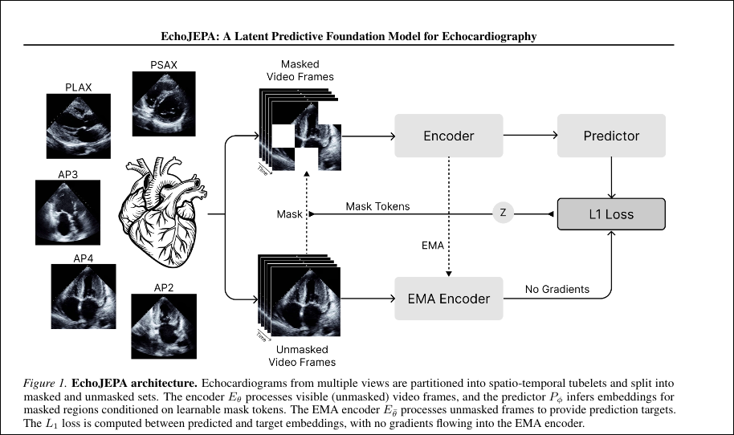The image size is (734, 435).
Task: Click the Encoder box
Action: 449,136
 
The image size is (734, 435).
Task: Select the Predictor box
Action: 611,136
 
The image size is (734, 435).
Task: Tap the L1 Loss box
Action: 611,214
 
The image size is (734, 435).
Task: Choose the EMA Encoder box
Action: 449,299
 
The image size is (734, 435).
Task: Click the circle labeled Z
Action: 504,213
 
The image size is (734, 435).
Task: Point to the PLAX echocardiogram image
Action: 79,126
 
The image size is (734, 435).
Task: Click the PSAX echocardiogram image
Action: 164,104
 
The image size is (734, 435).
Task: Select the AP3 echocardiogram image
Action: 68,213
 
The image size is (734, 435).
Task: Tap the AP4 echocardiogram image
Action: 84,296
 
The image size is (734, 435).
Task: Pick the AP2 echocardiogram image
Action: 164,326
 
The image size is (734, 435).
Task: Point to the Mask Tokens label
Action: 377,206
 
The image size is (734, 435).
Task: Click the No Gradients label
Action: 557,289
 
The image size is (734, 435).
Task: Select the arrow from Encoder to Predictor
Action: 530,135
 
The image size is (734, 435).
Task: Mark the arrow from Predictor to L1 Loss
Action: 611,177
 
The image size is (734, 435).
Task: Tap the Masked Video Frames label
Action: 300,71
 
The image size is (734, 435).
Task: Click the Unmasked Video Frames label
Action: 302,356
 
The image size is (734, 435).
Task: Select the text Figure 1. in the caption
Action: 46,383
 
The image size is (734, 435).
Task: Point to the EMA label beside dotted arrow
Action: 433,246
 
